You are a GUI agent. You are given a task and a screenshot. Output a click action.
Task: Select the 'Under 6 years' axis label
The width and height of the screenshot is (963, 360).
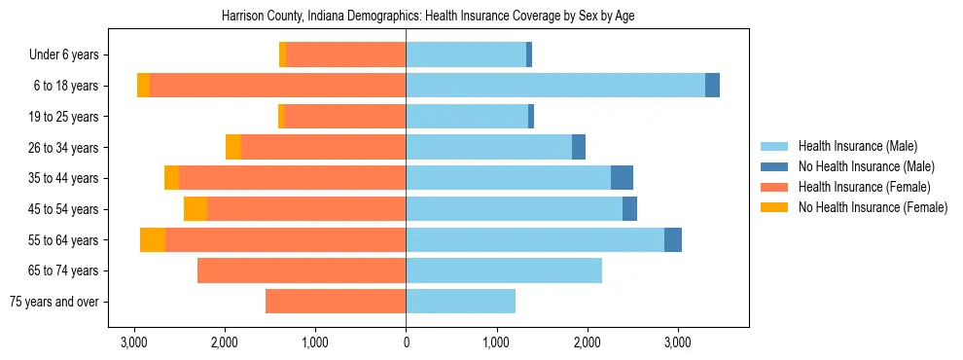click(x=70, y=54)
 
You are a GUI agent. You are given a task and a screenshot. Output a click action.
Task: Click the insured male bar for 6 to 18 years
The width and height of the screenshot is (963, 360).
click(x=554, y=86)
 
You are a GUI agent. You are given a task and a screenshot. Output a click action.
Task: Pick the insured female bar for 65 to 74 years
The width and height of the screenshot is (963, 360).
click(x=302, y=270)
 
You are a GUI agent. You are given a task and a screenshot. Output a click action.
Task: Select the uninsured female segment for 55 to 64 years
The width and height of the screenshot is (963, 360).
click(x=153, y=239)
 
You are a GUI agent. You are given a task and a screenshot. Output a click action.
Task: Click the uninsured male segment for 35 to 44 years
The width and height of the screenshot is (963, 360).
click(x=622, y=178)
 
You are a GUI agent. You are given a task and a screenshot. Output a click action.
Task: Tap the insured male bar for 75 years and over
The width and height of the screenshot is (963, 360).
click(x=460, y=302)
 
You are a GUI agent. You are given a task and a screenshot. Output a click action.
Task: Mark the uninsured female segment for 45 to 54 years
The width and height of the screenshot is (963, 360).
click(x=196, y=209)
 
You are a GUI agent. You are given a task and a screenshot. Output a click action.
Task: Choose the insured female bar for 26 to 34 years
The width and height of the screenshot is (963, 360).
click(x=323, y=147)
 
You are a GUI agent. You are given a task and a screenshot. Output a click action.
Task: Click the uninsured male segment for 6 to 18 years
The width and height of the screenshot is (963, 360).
click(x=712, y=86)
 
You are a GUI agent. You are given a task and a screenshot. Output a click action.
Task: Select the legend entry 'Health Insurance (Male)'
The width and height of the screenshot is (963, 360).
click(x=857, y=146)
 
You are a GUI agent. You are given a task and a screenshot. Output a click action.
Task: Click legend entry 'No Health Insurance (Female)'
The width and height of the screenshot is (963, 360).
click(x=873, y=207)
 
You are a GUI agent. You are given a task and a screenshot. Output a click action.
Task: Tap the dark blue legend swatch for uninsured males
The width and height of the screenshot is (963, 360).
click(x=775, y=166)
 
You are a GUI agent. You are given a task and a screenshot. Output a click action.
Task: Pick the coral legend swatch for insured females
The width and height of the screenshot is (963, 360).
click(x=775, y=187)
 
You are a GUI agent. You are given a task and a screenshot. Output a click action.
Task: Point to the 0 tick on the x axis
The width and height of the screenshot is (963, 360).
click(x=406, y=342)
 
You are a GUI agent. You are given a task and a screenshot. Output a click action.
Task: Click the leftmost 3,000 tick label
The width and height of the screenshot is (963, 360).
click(x=134, y=342)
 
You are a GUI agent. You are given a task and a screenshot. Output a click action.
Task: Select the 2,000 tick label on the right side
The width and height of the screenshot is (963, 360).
click(x=587, y=342)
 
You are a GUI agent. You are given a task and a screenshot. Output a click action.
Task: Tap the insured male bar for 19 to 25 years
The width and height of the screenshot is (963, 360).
click(x=467, y=117)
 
